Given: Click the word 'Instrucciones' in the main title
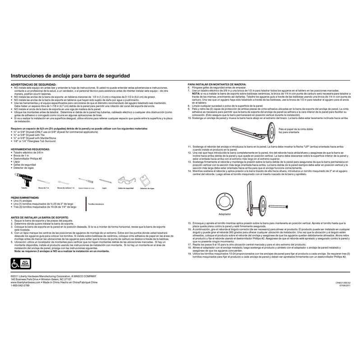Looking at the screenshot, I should pos(28,76).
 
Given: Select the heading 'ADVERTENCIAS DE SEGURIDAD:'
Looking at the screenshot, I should pos(29,84).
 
